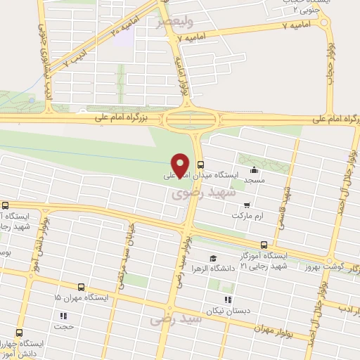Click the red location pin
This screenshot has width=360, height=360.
[180, 165]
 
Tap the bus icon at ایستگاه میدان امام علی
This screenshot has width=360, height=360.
[201, 165]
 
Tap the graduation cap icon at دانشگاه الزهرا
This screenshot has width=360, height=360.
[213, 259]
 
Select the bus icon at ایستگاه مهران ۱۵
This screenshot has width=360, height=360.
[82, 287]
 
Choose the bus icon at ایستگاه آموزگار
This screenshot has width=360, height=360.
[264, 245]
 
